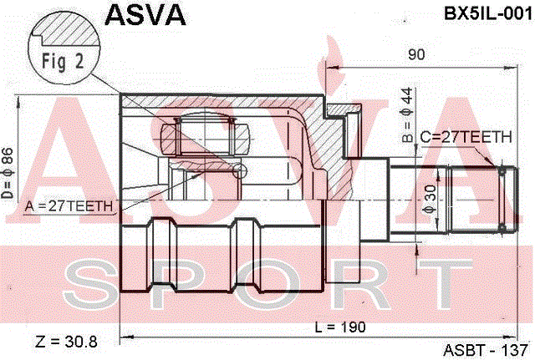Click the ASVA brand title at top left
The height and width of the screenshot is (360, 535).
[145, 15]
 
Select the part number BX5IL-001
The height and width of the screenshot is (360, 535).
[488, 14]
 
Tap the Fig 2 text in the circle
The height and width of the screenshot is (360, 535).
[63, 61]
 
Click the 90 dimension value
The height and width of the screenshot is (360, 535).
[416, 54]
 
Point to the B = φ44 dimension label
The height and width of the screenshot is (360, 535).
[408, 115]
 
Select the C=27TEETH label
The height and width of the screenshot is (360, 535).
[466, 137]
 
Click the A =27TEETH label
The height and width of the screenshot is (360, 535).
[69, 206]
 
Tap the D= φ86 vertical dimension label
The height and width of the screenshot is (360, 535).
[8, 173]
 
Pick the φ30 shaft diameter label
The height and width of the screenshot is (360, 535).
[430, 200]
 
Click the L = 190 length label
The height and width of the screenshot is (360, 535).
[340, 327]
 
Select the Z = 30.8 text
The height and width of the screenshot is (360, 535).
[67, 342]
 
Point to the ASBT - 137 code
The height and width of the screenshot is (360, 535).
[486, 350]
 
